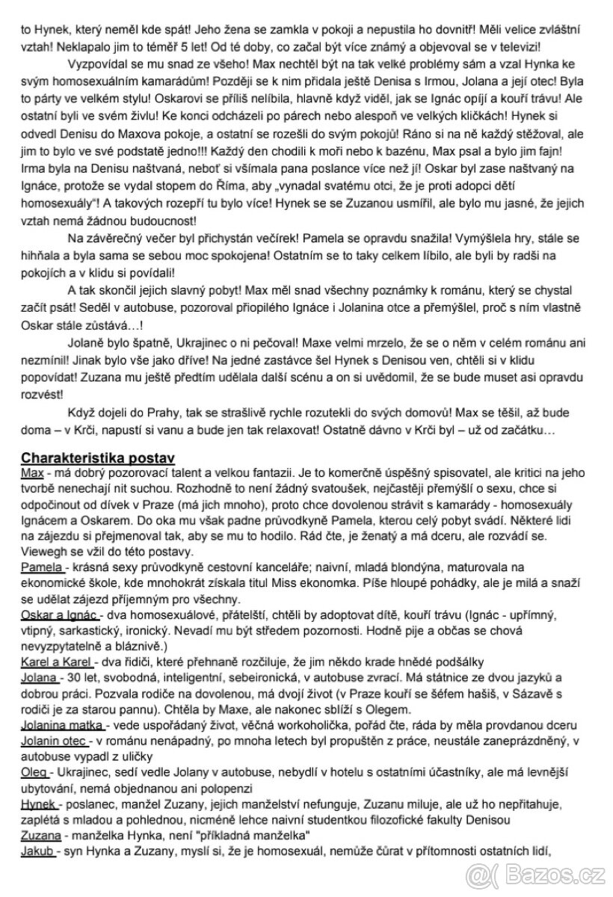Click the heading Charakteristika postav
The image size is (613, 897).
tap(98, 457)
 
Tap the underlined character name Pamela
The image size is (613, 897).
tap(40, 568)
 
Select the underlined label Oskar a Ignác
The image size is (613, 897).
tap(60, 616)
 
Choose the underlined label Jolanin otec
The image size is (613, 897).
tap(55, 741)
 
